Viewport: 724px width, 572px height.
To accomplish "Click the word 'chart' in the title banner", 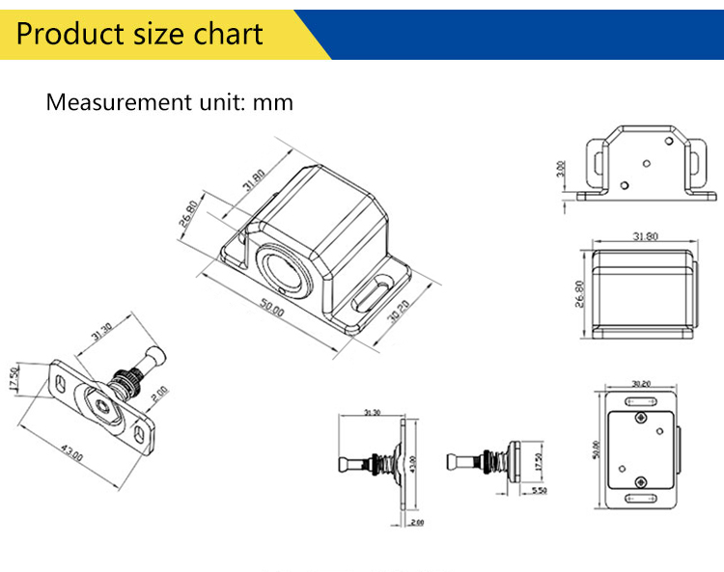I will click(225, 34).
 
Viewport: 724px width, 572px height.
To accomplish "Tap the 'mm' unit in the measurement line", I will click(272, 101).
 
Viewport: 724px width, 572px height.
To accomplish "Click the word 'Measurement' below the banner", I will click(114, 101).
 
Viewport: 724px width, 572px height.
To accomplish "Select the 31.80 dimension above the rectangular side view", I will click(644, 235).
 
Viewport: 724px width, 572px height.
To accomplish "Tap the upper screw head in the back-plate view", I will click(641, 417).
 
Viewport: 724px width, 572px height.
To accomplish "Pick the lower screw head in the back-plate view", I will click(640, 478).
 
